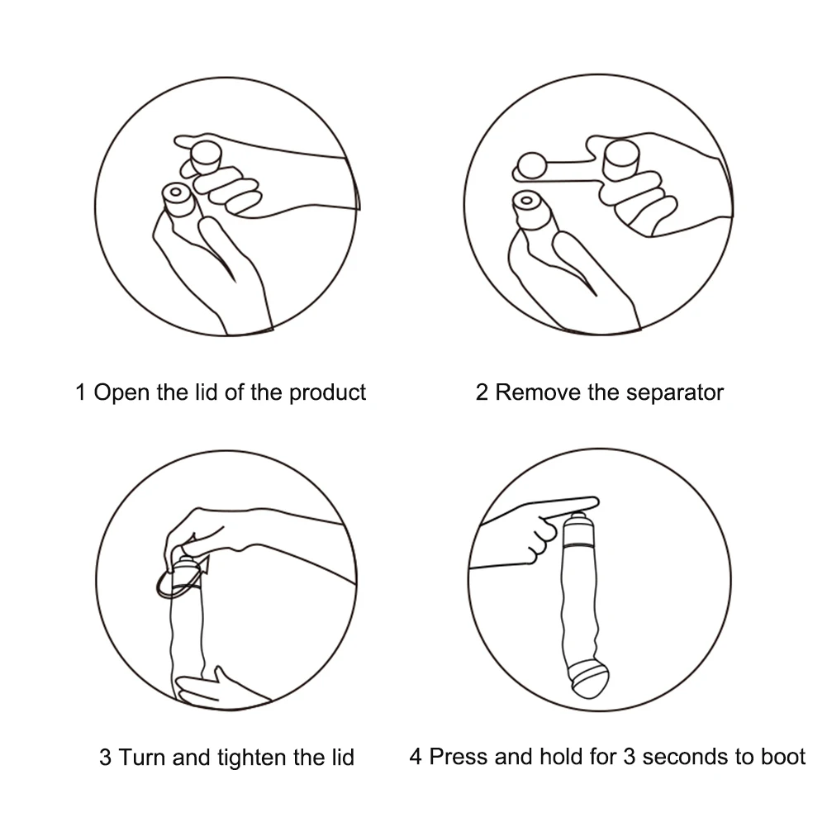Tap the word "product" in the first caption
tap(327, 393)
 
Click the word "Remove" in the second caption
tap(538, 392)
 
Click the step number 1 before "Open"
tap(81, 392)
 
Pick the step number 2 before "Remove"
tap(482, 392)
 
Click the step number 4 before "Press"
tap(416, 757)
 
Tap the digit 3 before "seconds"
tap(630, 757)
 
